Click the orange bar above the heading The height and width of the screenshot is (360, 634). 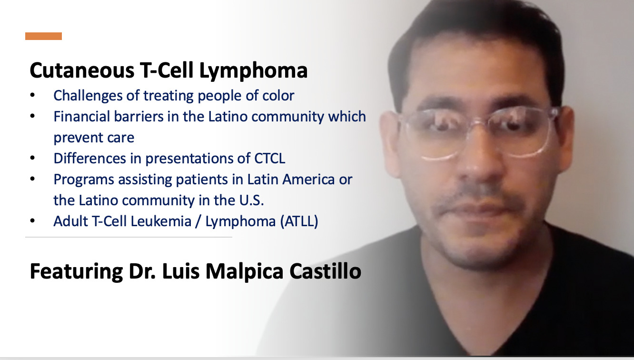point(43,36)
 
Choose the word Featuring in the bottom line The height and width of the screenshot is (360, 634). point(69,271)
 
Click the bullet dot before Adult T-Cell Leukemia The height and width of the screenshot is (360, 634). point(32,221)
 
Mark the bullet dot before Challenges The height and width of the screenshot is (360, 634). point(32,96)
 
